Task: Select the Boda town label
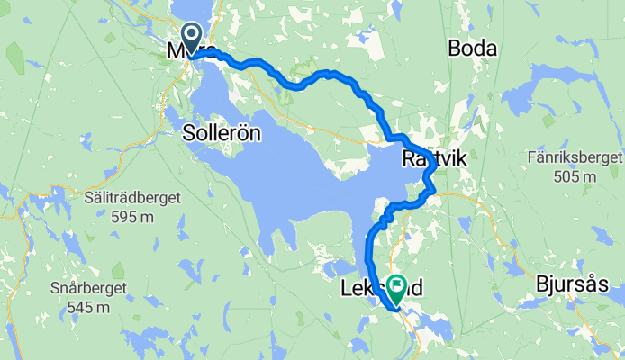473,49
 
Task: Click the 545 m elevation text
88,307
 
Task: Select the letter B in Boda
455,49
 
